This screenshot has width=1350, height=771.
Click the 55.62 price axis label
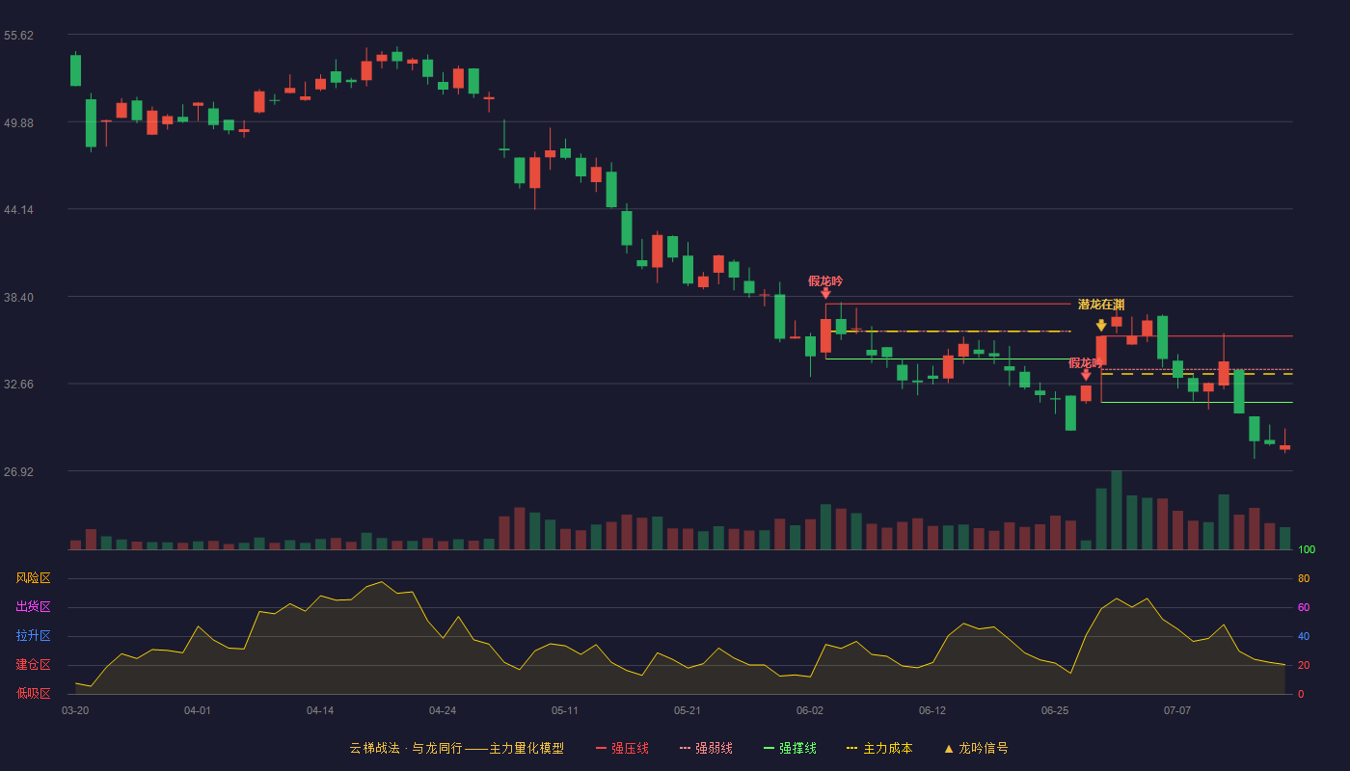click(18, 36)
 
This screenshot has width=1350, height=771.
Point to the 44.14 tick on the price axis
click(18, 210)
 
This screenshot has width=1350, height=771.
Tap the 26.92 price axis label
click(18, 471)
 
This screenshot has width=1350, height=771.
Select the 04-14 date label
click(320, 711)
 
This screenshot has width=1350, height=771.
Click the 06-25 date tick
click(1055, 711)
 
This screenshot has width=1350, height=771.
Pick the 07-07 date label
click(1177, 711)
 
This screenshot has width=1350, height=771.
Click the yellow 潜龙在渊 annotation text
click(1101, 305)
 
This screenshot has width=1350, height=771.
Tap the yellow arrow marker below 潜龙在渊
click(1101, 326)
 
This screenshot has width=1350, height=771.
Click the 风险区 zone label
click(33, 577)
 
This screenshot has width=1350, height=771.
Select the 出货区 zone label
click(33, 606)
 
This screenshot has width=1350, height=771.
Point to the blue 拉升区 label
click(33, 635)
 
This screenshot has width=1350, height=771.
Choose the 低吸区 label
click(33, 693)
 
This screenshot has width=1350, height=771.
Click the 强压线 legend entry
click(622, 748)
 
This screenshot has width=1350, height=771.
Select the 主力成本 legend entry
click(879, 748)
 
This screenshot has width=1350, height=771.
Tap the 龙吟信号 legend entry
click(976, 748)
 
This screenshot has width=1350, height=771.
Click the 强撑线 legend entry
click(790, 748)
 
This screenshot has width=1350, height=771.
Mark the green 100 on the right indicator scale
click(1307, 549)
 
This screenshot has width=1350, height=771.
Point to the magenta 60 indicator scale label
click(1304, 607)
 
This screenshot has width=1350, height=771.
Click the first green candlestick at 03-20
click(75, 69)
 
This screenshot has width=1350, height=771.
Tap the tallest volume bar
click(1117, 510)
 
